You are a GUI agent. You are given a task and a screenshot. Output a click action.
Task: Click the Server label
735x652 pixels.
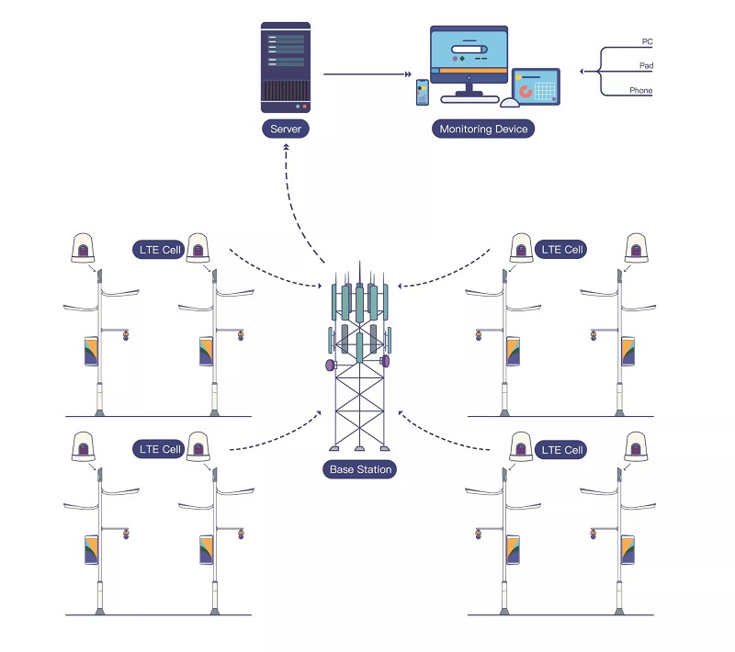pos(286,129)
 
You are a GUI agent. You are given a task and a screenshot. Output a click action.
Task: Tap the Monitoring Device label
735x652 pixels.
pos(483,129)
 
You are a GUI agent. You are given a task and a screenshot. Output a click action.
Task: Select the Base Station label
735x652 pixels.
pos(360,469)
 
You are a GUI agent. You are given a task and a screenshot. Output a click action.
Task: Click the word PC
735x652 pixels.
pos(647,41)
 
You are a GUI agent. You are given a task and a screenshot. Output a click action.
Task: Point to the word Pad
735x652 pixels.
pos(646,65)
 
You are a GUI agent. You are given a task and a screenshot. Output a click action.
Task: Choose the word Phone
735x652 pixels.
pos(640,90)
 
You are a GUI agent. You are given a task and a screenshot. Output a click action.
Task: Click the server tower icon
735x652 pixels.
pos(286,67)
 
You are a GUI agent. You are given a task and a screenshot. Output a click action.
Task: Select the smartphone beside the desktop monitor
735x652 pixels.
pos(423,92)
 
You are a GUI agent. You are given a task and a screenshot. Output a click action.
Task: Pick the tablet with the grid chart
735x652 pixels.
pos(536,86)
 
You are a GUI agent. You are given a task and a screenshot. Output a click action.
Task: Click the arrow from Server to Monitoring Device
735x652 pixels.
pos(367,74)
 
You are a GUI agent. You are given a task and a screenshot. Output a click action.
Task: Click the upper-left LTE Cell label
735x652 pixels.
pos(159,250)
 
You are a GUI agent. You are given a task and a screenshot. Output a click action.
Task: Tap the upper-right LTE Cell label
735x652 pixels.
pos(561,250)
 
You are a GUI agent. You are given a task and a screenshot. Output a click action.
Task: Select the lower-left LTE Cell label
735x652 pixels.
pos(159,449)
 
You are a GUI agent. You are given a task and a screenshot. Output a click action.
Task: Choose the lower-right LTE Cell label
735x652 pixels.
pos(561,450)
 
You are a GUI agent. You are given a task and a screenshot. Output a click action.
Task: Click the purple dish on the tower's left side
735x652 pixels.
pos(331,365)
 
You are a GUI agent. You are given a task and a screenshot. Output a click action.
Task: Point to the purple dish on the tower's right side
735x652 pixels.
pos(385,361)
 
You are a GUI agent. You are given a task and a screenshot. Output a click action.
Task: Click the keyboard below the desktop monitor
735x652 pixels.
pos(469,100)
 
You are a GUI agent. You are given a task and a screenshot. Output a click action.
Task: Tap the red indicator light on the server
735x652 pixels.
pos(304,107)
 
